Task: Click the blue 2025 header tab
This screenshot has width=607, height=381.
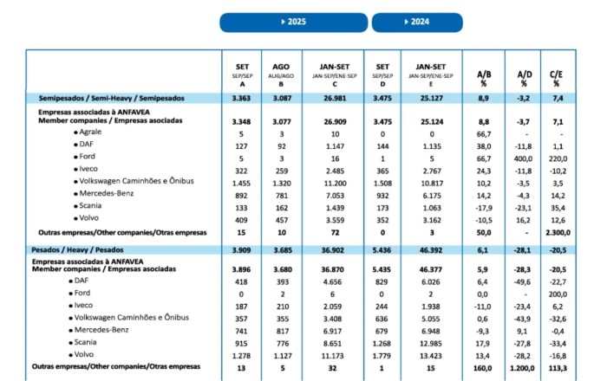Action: tap(295, 22)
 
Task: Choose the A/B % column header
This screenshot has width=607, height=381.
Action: tap(485, 78)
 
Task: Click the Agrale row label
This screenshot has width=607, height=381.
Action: tap(90, 132)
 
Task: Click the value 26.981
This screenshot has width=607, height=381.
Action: tap(338, 100)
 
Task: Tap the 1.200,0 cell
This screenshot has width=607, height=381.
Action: tap(524, 366)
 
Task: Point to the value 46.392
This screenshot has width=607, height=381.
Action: tap(431, 249)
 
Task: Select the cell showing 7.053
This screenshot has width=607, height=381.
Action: tap(337, 196)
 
